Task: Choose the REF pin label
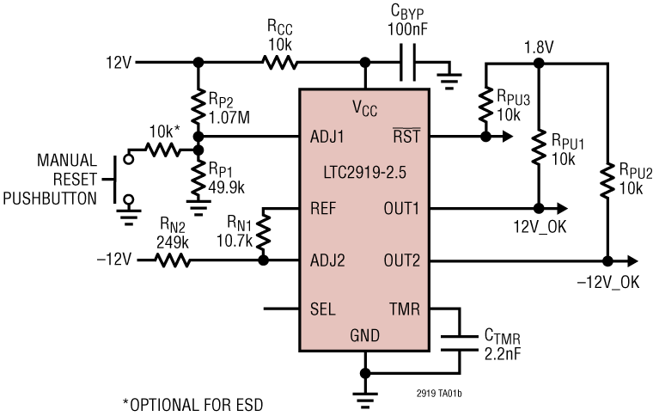325,207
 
